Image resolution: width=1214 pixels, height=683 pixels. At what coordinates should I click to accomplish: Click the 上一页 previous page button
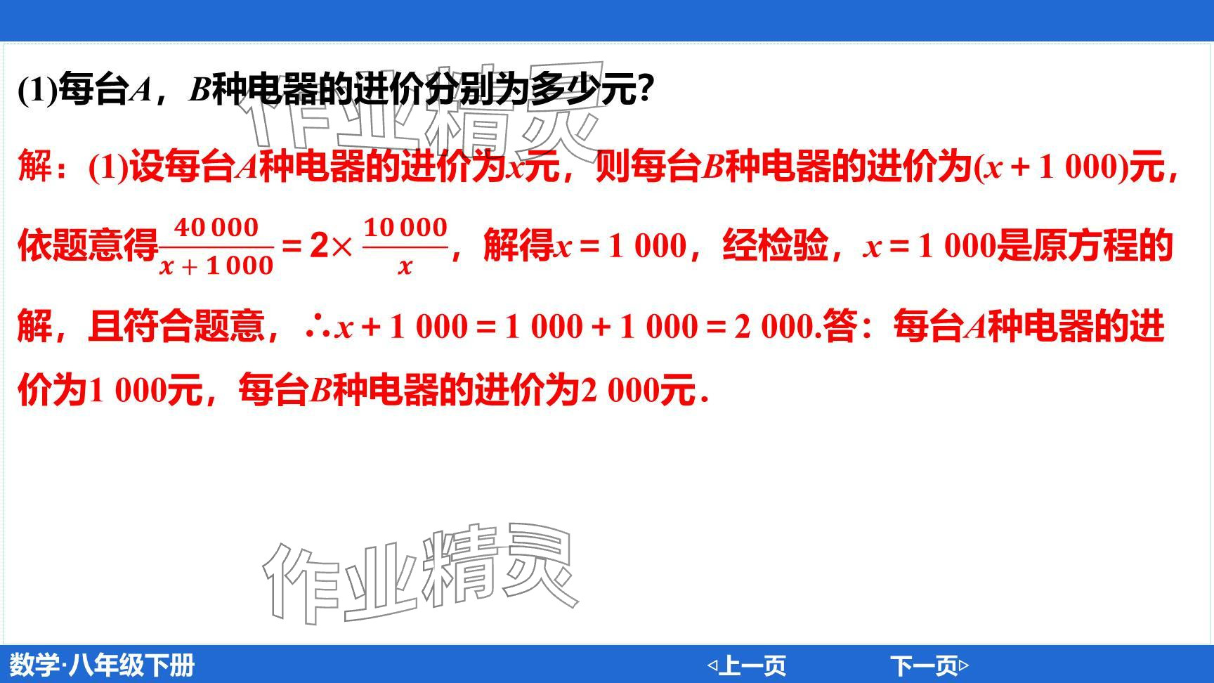[746, 665]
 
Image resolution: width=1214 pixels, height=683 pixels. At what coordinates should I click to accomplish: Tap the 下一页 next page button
[929, 665]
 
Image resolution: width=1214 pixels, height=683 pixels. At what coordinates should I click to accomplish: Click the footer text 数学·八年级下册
[102, 665]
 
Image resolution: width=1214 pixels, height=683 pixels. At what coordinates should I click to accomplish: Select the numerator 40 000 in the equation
[216, 228]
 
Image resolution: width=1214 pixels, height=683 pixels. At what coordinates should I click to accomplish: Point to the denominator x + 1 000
[216, 266]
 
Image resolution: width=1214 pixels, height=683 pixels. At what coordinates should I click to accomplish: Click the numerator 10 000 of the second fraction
[405, 228]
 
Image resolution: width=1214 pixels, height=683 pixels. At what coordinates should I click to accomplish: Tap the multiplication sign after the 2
[341, 246]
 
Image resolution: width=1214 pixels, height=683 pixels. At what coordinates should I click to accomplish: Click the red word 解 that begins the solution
[34, 167]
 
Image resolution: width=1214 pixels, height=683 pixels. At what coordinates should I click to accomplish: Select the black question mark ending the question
[645, 90]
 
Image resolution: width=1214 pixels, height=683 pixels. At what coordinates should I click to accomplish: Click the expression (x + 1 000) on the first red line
[1051, 167]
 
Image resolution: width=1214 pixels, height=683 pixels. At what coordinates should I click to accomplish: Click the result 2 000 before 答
[774, 327]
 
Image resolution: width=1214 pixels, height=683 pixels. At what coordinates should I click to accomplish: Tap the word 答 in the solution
[839, 326]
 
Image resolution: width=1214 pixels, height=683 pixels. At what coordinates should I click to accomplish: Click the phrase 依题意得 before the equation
[88, 246]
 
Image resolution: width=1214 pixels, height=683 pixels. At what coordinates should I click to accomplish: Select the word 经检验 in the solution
[775, 246]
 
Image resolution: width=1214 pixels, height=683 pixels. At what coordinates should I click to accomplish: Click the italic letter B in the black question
[200, 90]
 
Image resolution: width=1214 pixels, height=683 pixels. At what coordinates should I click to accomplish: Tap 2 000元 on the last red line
[637, 389]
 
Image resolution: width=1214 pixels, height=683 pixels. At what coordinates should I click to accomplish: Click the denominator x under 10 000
[405, 266]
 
